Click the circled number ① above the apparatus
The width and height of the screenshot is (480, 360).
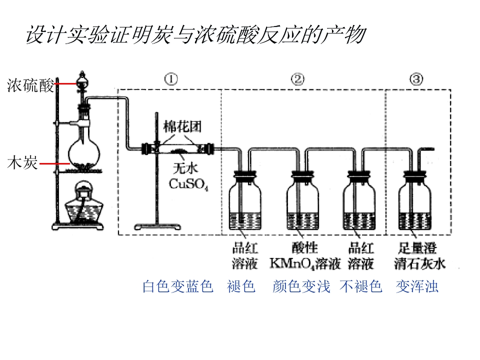click(x=171, y=79)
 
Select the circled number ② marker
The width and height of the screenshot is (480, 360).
click(x=297, y=79)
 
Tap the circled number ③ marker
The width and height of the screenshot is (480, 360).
click(x=416, y=79)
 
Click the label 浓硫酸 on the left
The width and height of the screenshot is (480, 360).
click(x=30, y=85)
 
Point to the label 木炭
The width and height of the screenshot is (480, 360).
click(x=22, y=162)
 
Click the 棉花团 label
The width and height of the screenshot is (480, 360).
click(x=182, y=126)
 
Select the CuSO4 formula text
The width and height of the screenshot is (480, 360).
click(x=188, y=184)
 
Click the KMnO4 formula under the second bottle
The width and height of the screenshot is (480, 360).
click(x=292, y=264)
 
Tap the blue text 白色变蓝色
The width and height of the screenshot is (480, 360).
click(x=178, y=286)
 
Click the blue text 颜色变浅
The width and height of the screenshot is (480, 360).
click(x=301, y=286)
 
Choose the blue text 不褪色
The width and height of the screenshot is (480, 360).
click(x=361, y=286)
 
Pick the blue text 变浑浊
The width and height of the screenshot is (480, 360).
click(x=417, y=286)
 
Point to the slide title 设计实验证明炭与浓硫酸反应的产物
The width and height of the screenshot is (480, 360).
click(x=196, y=34)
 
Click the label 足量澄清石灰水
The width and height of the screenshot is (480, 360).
click(x=419, y=256)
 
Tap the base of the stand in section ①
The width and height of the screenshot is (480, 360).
click(x=157, y=227)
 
